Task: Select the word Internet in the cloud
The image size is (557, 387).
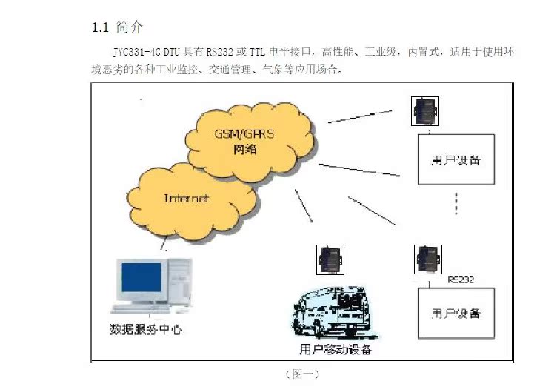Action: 186,198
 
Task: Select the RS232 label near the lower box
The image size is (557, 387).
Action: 461,279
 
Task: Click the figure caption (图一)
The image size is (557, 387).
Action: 301,375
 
